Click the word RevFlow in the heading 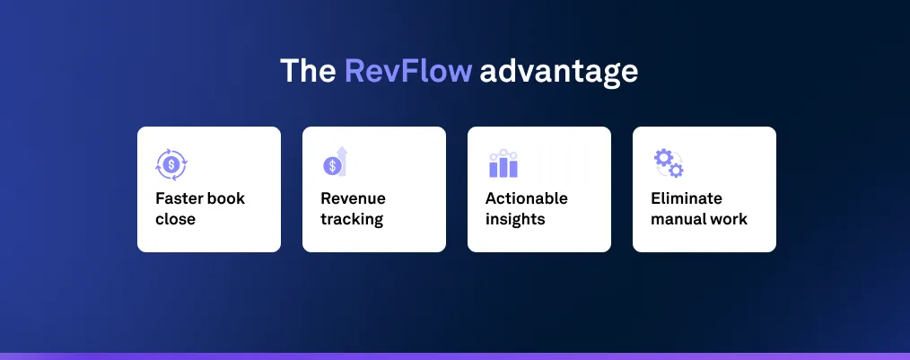pyautogui.click(x=408, y=72)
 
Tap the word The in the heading pyautogui.click(x=308, y=72)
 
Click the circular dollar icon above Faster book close pyautogui.click(x=171, y=164)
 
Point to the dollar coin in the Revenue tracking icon pyautogui.click(x=332, y=166)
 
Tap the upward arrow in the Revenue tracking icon pyautogui.click(x=342, y=161)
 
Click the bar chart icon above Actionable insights pyautogui.click(x=503, y=163)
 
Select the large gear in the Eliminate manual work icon pyautogui.click(x=663, y=158)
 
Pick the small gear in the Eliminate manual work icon pyautogui.click(x=676, y=171)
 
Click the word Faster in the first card pyautogui.click(x=179, y=198)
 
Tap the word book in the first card pyautogui.click(x=225, y=198)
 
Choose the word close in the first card pyautogui.click(x=175, y=219)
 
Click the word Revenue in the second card pyautogui.click(x=353, y=198)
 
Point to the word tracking pyautogui.click(x=352, y=220)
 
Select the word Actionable pyautogui.click(x=527, y=198)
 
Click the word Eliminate pyautogui.click(x=687, y=198)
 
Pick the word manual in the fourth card pyautogui.click(x=678, y=219)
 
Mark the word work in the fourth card pyautogui.click(x=728, y=219)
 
